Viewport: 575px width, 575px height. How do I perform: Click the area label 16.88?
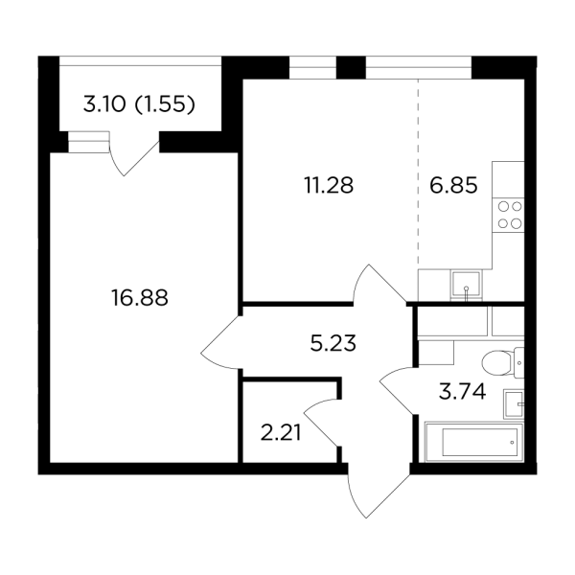139,297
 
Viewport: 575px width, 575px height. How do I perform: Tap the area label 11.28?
329,185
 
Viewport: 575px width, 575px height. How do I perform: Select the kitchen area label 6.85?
453,185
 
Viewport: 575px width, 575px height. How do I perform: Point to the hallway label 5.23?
333,344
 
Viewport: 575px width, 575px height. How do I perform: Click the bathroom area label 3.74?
462,391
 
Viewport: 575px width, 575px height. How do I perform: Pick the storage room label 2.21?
281,433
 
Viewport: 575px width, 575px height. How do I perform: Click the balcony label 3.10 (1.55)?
139,104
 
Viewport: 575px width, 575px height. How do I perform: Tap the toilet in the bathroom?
503,362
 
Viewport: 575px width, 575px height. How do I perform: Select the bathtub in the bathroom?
474,442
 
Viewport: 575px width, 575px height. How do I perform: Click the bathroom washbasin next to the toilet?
514,404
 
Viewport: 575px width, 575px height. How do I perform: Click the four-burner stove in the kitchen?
508,215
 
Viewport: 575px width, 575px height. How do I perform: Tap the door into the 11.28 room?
379,284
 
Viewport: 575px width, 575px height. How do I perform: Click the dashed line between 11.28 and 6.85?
418,172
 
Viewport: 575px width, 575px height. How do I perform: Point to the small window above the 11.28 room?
312,67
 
